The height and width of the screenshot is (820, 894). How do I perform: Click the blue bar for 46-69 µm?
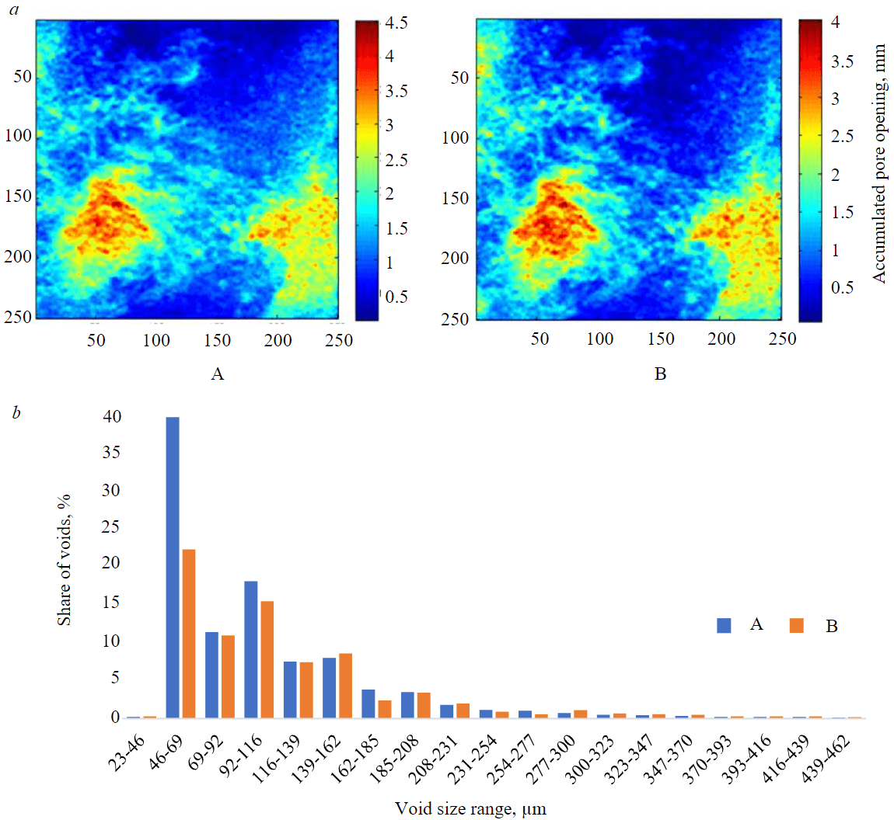(173, 568)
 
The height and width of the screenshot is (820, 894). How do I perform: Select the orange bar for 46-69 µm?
(188, 634)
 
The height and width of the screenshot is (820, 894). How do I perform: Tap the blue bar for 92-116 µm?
(251, 649)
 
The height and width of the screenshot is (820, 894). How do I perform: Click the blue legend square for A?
(725, 625)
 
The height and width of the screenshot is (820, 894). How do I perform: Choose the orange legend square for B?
(796, 625)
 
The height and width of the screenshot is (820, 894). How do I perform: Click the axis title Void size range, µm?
(470, 809)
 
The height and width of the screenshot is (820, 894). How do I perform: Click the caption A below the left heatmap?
(218, 375)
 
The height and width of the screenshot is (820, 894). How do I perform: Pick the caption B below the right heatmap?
(660, 374)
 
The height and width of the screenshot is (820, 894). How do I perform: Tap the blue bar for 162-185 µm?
(368, 704)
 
